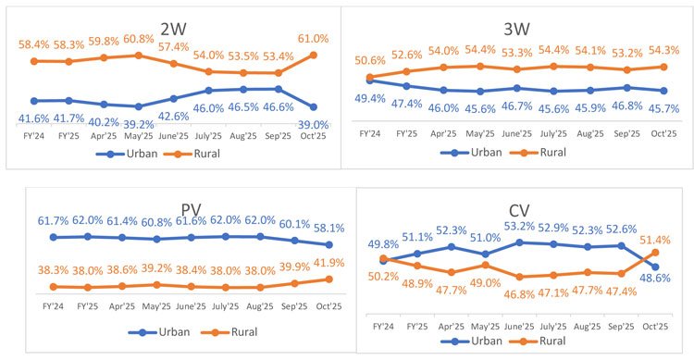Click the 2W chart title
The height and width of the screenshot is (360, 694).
click(173, 29)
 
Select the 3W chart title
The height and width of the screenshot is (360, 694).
click(516, 30)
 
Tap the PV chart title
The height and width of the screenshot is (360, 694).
click(192, 209)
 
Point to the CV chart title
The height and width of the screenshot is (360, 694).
click(519, 210)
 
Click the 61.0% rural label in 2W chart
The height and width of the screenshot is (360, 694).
click(313, 39)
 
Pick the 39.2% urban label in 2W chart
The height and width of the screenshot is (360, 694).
click(139, 125)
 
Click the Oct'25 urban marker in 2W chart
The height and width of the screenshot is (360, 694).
click(314, 107)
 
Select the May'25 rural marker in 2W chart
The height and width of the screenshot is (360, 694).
click(139, 56)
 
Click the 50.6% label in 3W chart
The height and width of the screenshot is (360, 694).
click(370, 61)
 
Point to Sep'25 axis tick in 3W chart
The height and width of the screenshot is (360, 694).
click(627, 133)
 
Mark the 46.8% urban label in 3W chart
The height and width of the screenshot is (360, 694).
click(627, 106)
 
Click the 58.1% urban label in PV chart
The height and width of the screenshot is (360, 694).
click(328, 228)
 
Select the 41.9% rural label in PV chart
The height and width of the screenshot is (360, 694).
click(328, 263)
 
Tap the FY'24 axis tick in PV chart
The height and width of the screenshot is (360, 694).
click(53, 306)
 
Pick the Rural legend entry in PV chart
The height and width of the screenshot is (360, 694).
click(229, 332)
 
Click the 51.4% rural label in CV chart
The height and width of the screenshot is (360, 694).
click(655, 241)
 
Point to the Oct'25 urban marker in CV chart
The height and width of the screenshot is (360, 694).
click(655, 267)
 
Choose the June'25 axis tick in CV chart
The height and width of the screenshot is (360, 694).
click(519, 327)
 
